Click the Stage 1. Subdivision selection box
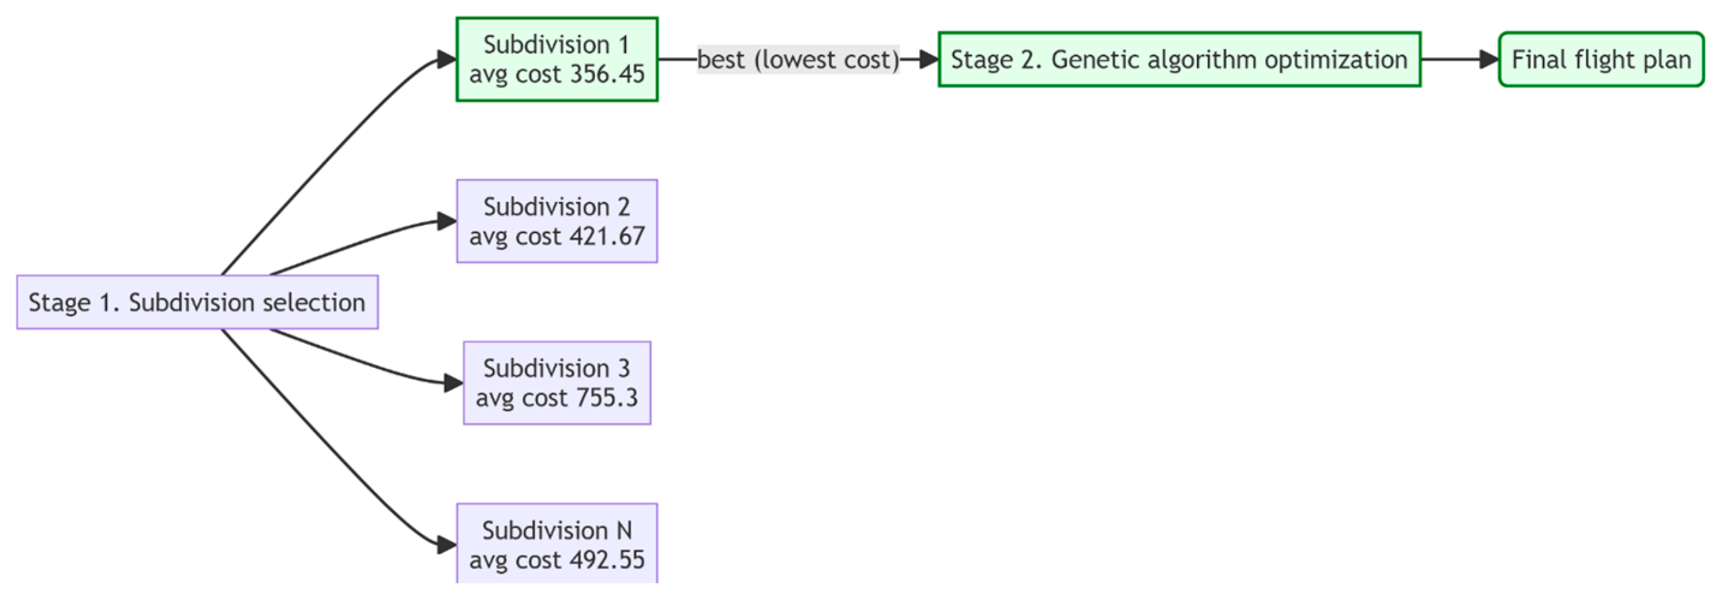coord(197,302)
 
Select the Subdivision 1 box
coord(557,59)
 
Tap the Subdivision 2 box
coord(557,221)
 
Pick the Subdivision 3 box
coord(557,383)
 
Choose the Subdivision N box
coord(557,543)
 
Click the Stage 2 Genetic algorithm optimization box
coord(1179,59)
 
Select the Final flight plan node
coord(1601,59)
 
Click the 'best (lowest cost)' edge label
coord(798,59)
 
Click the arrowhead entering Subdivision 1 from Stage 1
coord(447,59)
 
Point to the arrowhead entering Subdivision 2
coord(447,221)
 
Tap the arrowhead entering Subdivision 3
coord(454,383)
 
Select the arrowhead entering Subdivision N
coord(447,545)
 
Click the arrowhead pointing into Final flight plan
coord(1489,59)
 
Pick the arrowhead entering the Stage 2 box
coord(929,59)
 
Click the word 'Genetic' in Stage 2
coord(1086,59)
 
